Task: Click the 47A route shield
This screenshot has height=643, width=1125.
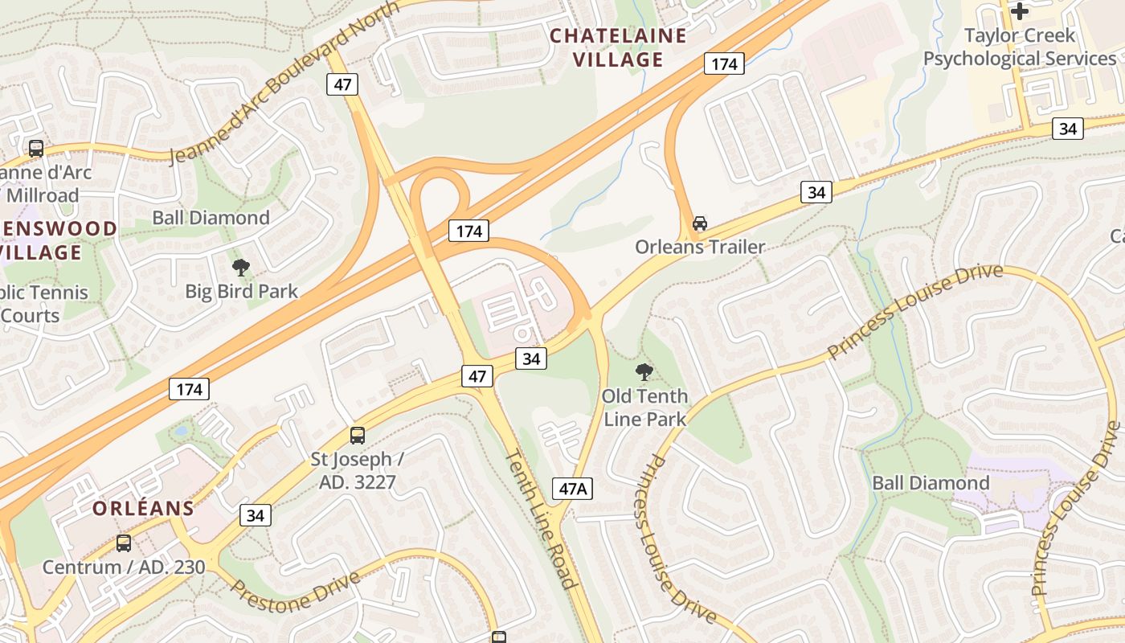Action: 572,488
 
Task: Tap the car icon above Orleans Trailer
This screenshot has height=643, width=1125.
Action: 700,223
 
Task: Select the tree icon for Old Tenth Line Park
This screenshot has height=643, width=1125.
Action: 644,371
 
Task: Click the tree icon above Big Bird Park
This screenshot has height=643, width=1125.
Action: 240,268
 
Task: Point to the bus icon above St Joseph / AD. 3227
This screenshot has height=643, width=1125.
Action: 358,436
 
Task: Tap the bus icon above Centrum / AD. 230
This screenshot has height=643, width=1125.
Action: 124,543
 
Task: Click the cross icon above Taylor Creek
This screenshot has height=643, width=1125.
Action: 1020,11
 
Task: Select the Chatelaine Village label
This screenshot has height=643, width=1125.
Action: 618,47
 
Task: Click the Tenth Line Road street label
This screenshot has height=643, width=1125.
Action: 541,518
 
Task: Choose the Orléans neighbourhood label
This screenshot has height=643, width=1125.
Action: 143,508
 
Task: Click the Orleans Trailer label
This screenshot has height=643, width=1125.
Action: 700,247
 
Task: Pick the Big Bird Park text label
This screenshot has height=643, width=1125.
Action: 241,291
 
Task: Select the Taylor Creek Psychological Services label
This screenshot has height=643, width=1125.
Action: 1020,47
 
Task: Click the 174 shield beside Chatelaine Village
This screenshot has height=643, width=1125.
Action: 724,63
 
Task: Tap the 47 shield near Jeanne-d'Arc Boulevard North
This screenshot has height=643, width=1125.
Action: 342,84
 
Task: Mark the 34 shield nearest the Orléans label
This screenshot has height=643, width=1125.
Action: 255,515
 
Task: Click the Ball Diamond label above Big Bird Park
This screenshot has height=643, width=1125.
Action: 211,218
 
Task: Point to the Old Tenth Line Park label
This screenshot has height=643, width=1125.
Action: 645,408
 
